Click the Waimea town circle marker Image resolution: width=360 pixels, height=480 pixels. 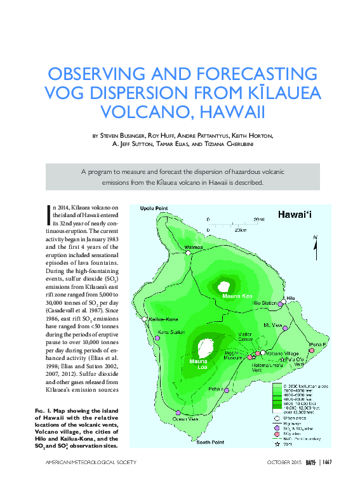pyautogui.click(x=189, y=253)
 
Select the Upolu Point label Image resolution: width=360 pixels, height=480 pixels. pyautogui.click(x=154, y=208)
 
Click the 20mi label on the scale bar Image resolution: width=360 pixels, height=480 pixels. pyautogui.click(x=258, y=219)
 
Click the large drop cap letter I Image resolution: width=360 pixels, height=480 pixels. pyautogui.click(x=50, y=215)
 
